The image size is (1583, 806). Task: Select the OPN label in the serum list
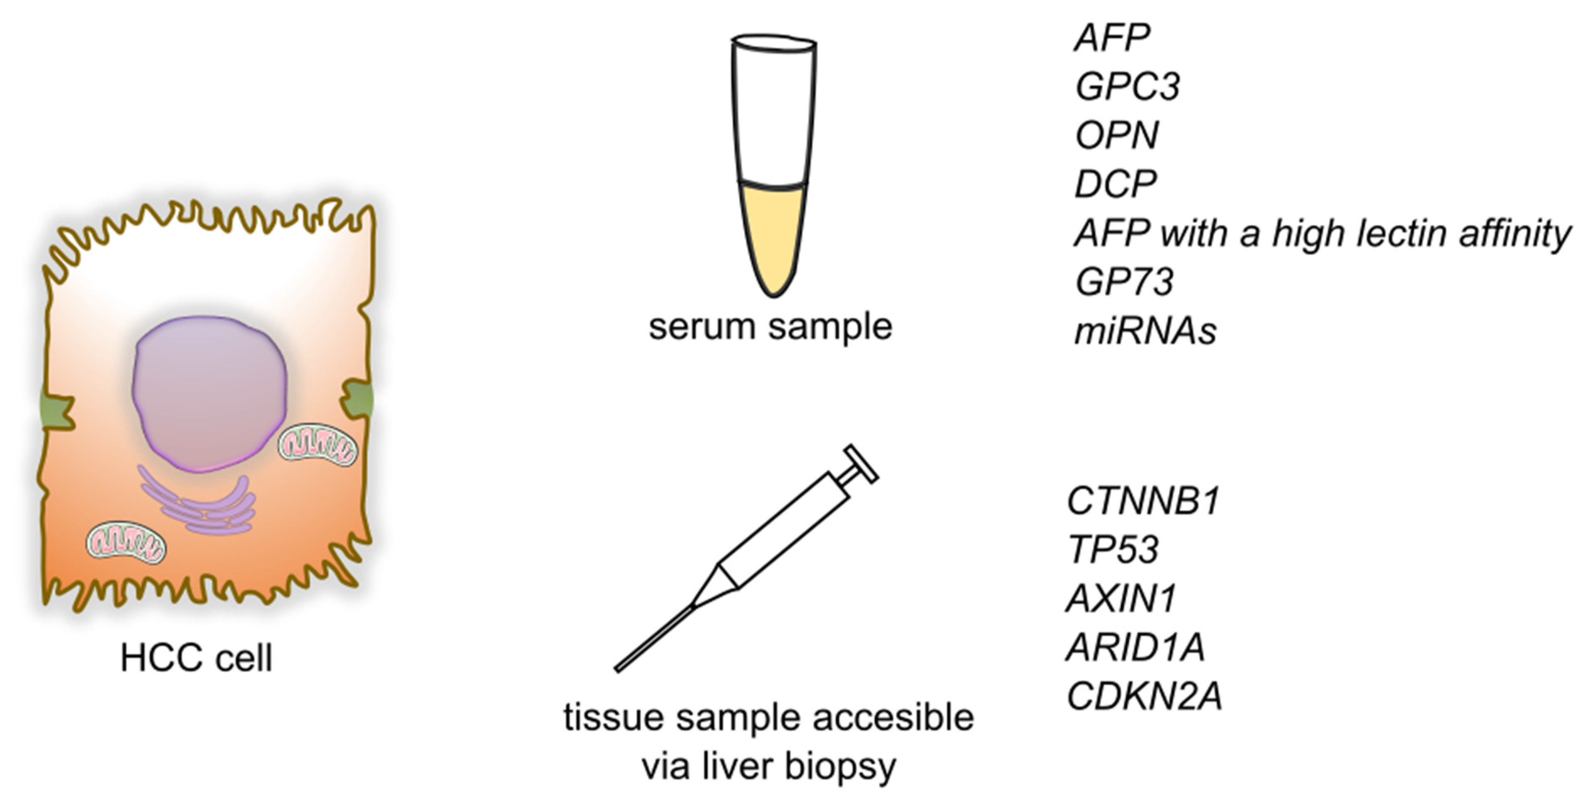[1117, 135]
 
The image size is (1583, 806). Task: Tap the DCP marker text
[1115, 183]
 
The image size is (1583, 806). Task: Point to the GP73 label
[1124, 282]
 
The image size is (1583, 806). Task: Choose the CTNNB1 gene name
[1143, 501]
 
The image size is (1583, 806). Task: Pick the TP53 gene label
[1113, 549]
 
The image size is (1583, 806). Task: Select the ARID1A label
[1135, 647]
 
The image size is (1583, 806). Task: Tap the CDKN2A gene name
[1144, 697]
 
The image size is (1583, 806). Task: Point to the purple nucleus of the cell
[209, 393]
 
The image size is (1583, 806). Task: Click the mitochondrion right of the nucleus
[317, 444]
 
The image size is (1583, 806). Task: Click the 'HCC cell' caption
[196, 659]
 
